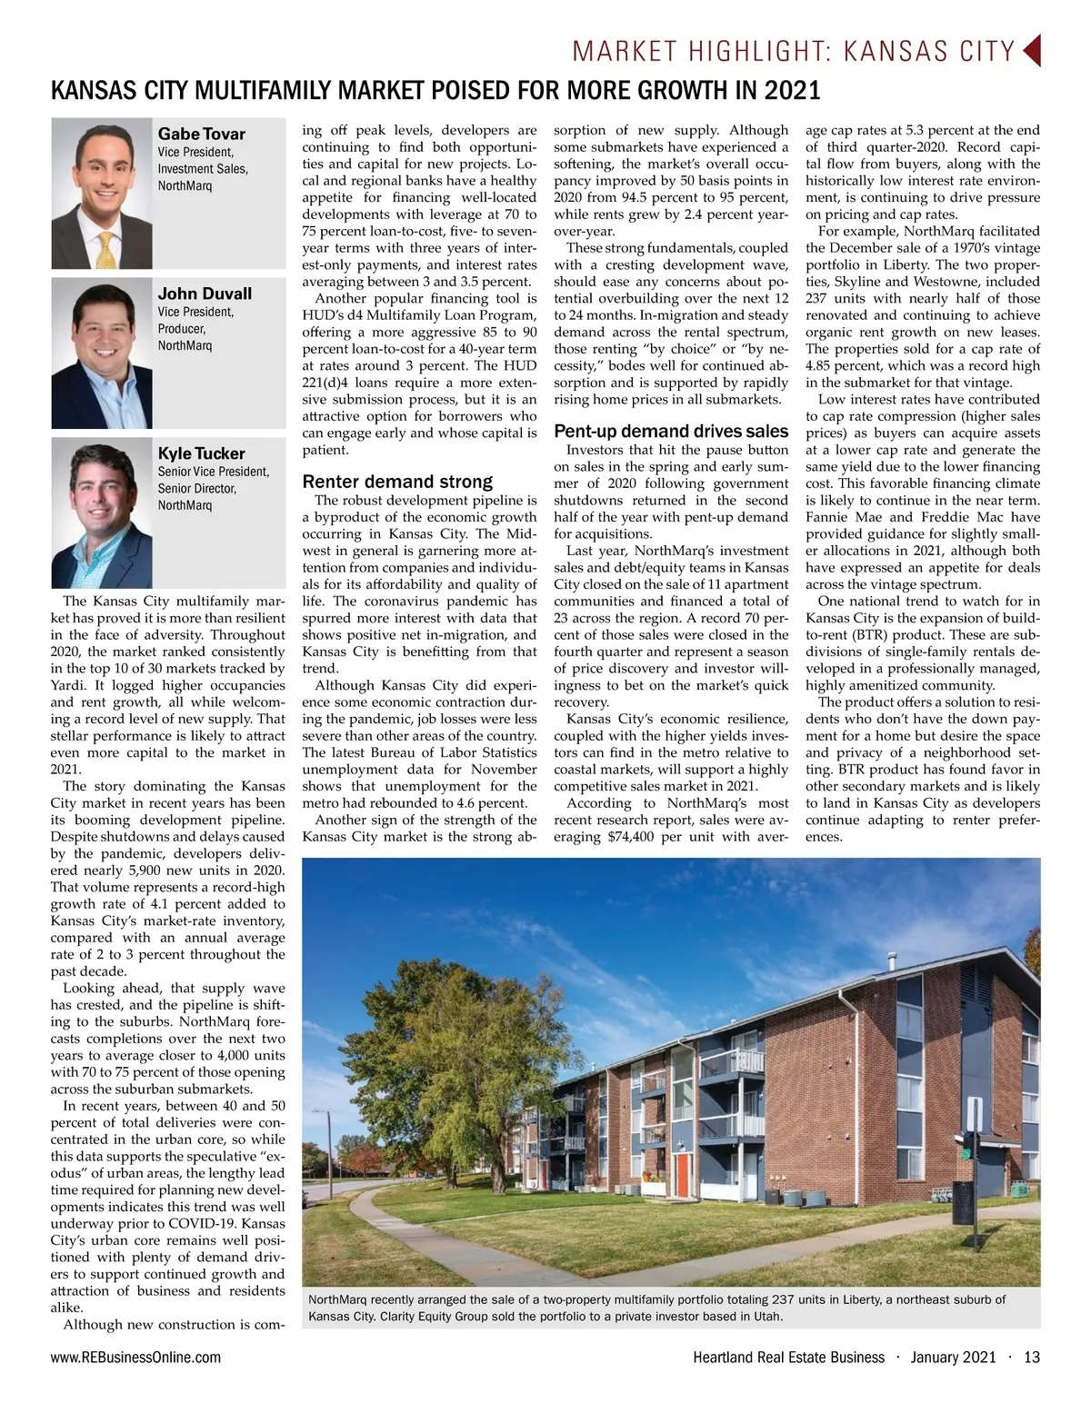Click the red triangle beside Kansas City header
(1032, 51)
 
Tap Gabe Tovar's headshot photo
(102, 194)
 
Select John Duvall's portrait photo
(102, 353)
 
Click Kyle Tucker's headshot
(102, 512)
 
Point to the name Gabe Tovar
(201, 134)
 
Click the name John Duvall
(205, 294)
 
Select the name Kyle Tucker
(201, 453)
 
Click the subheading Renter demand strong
(397, 482)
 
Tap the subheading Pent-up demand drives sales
(671, 431)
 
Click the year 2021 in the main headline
(791, 91)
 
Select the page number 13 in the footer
(1031, 1358)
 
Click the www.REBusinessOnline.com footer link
(135, 1358)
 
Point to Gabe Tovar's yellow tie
(106, 251)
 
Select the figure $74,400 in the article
(630, 837)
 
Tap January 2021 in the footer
(953, 1358)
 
